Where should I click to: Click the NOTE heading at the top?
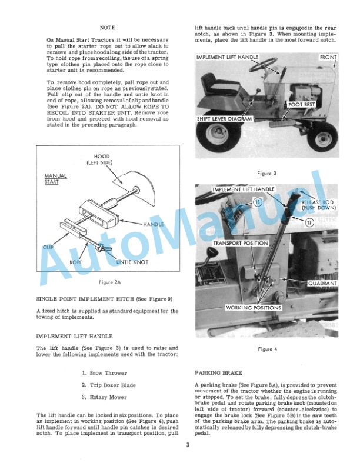(x=108, y=28)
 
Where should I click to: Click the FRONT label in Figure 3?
(x=327, y=58)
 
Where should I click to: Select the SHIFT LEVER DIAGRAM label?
(x=224, y=119)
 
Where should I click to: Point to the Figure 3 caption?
(x=267, y=174)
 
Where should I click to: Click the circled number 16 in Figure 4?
(x=257, y=202)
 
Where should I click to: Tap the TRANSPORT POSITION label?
(x=241, y=243)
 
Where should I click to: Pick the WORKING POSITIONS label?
(x=254, y=308)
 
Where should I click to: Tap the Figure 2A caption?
(x=110, y=282)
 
